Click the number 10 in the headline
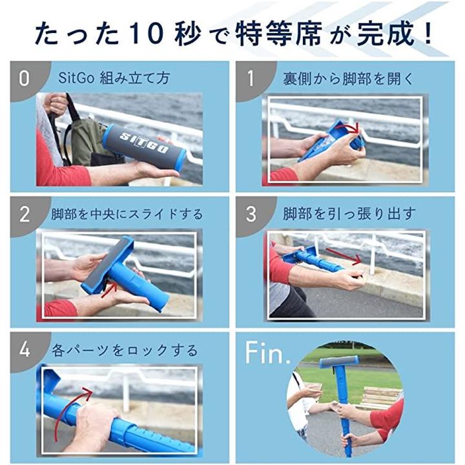(148, 33)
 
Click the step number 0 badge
(25, 79)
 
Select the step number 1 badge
(251, 79)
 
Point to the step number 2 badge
(25, 214)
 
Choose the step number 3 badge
(251, 214)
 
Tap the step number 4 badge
(25, 349)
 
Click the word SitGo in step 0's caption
(76, 78)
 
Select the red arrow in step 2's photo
(109, 290)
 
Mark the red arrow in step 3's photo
(344, 256)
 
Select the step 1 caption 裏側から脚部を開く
(347, 79)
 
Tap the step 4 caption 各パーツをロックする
(125, 350)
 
